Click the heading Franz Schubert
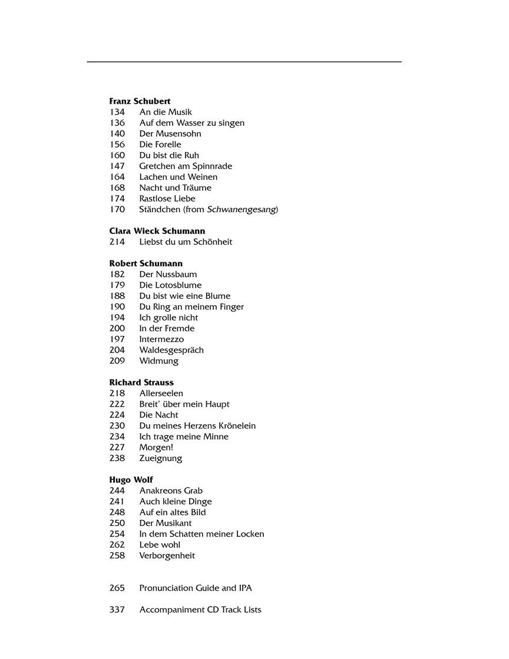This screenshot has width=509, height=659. point(140,101)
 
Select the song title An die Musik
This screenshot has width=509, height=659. point(166,112)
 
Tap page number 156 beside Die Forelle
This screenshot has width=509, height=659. point(117,144)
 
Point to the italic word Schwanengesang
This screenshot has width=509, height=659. point(242,209)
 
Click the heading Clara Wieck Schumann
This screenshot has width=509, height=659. point(157,231)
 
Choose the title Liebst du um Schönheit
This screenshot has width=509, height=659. point(186,242)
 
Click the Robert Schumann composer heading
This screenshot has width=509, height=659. point(146,263)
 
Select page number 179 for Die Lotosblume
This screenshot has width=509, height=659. point(117,285)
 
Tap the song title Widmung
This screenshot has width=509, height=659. point(158,361)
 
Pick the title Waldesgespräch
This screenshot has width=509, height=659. point(171,350)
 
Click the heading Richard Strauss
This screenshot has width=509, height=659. point(141,383)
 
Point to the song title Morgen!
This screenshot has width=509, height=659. point(156,447)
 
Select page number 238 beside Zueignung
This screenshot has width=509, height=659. point(117,458)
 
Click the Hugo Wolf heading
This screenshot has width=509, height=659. point(131,480)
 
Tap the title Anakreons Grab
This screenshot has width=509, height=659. point(170,490)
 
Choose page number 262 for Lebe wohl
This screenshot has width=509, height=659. point(117,545)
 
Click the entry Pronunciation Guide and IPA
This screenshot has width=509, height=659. point(196,588)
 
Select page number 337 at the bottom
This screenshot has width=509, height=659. point(117,609)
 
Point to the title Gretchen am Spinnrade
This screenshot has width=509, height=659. point(186,166)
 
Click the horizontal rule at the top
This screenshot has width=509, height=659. point(244,62)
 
